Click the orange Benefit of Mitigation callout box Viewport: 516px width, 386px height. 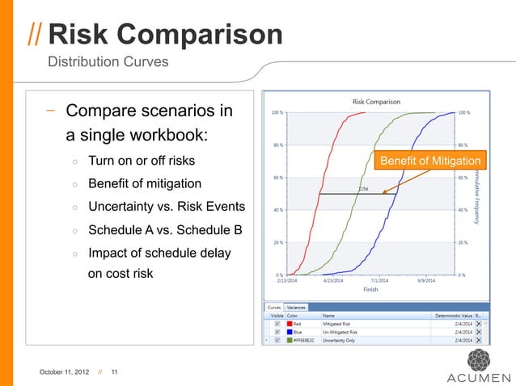tap(429, 162)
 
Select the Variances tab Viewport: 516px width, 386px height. tap(296, 307)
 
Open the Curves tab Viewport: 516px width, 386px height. tap(274, 307)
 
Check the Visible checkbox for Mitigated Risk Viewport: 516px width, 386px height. tap(277, 323)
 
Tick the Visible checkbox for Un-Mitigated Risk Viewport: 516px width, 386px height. tap(277, 331)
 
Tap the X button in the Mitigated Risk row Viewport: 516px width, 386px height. tap(479, 323)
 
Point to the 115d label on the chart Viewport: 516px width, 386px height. tap(363, 189)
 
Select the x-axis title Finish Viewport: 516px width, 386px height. tap(370, 288)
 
